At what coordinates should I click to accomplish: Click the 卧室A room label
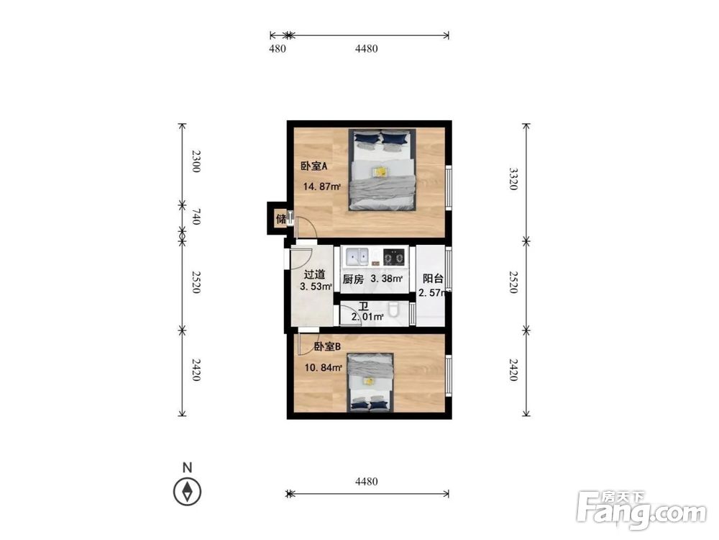(314, 166)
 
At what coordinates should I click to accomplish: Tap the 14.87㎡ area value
(322, 186)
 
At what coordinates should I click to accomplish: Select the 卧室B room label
(327, 347)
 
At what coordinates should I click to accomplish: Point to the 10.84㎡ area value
(324, 367)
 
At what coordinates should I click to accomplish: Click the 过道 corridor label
(315, 274)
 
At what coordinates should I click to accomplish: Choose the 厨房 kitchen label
(353, 279)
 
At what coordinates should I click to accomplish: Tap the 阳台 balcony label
(433, 278)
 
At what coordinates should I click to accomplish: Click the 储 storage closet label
(281, 219)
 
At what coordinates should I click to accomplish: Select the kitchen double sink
(357, 257)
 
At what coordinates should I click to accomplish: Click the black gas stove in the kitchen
(394, 257)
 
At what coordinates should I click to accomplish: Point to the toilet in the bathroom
(393, 310)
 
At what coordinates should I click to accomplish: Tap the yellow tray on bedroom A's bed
(379, 172)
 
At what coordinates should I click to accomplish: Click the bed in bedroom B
(370, 382)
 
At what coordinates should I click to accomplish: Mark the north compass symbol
(187, 491)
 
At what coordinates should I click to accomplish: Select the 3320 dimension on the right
(513, 179)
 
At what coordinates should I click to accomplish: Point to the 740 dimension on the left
(196, 217)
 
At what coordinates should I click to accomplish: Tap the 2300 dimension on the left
(196, 161)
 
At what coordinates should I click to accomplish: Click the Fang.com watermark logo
(641, 510)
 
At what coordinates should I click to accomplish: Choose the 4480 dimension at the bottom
(367, 481)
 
